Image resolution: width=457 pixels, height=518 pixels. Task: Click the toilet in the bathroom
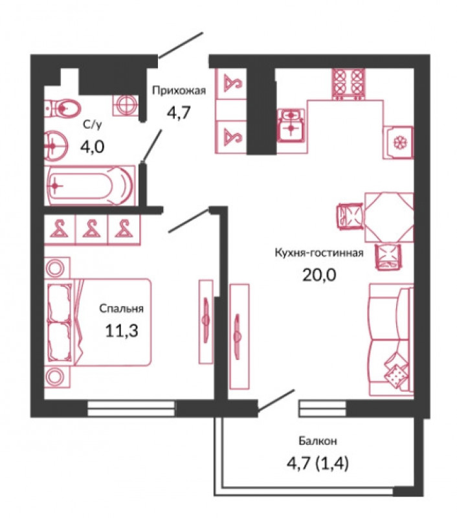click(x=63, y=107)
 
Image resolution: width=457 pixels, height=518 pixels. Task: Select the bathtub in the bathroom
click(x=90, y=186)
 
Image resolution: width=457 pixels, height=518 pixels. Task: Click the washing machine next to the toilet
click(x=126, y=106)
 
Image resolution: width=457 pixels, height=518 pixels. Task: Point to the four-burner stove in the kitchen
click(x=349, y=84)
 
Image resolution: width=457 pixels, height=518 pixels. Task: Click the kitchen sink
click(x=291, y=125)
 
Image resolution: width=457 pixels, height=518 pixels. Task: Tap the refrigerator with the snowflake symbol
click(x=398, y=142)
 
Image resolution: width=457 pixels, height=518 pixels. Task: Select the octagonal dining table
click(x=389, y=218)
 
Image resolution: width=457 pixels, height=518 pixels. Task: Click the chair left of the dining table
click(x=350, y=216)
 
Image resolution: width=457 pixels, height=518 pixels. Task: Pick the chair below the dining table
click(x=388, y=256)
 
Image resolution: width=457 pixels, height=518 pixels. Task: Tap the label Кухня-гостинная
click(x=319, y=253)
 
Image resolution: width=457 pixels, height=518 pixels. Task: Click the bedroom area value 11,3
click(x=122, y=331)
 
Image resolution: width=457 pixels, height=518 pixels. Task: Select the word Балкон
click(x=318, y=441)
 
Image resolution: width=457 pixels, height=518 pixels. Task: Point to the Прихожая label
click(x=179, y=91)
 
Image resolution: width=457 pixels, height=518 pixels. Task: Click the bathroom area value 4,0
click(x=93, y=147)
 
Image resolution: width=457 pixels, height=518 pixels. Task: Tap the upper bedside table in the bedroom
click(x=57, y=268)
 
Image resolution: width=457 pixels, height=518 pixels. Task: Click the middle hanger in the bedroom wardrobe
click(x=92, y=229)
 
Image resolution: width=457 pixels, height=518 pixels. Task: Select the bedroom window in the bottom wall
click(x=131, y=408)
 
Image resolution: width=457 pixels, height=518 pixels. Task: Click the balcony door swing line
click(x=276, y=400)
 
